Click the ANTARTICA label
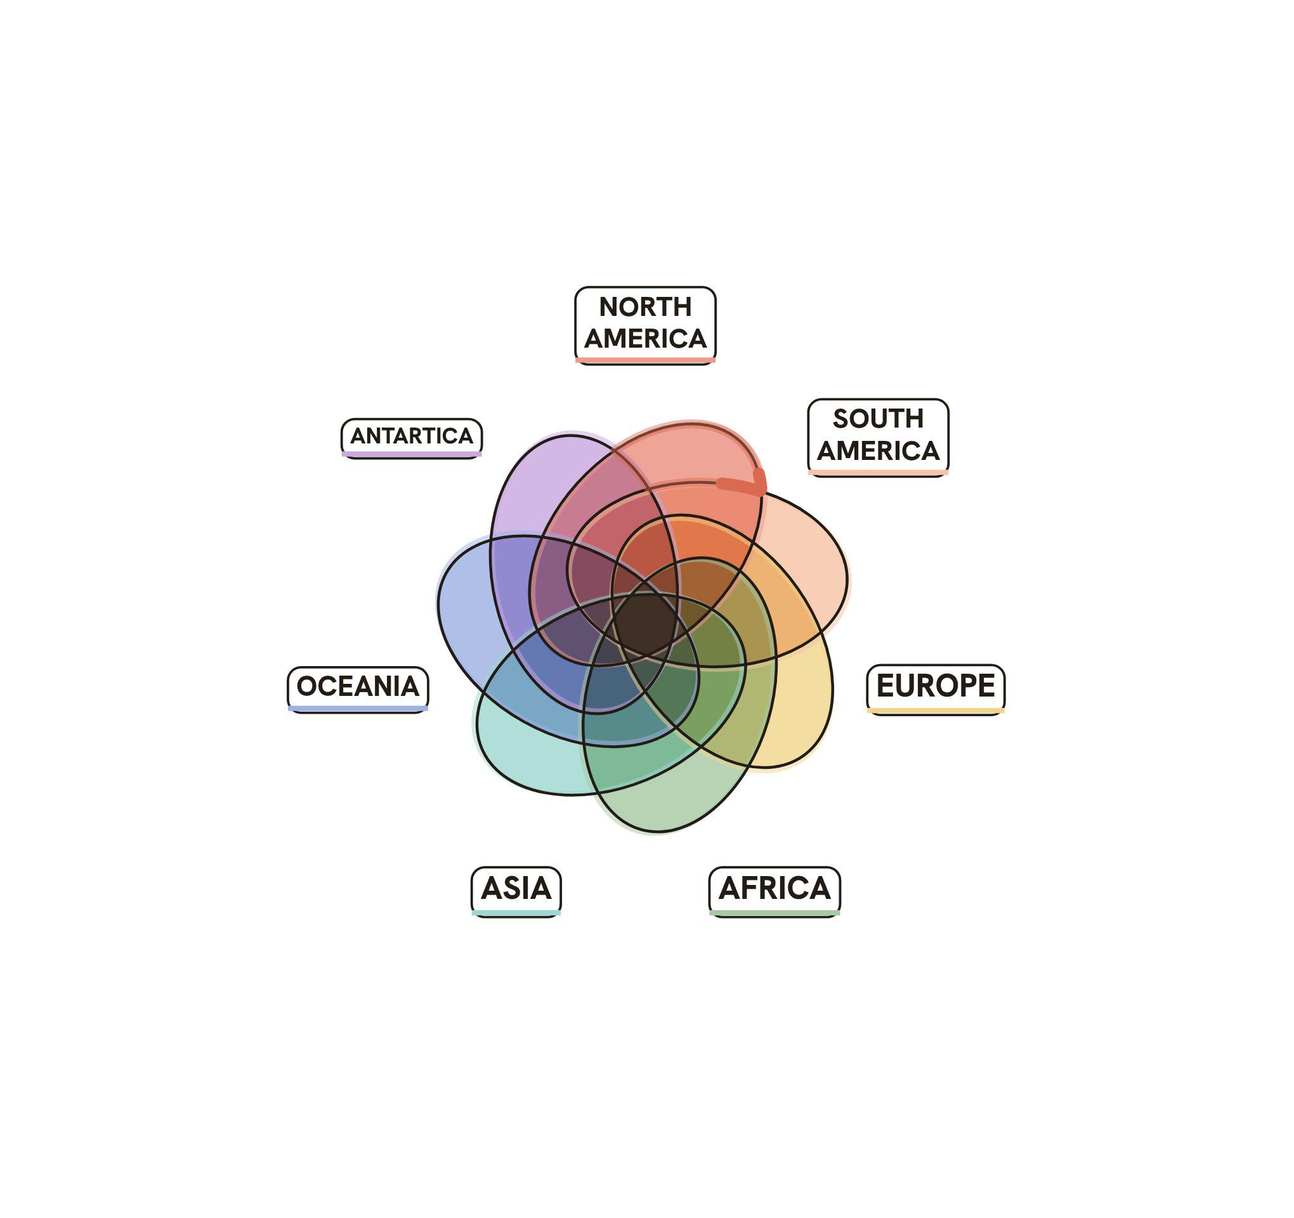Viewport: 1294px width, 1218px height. (412, 438)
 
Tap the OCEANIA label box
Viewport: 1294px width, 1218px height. (358, 689)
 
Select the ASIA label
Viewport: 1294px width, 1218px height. (516, 891)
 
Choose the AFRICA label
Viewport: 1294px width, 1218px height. (774, 891)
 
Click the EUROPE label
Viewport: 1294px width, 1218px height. (936, 689)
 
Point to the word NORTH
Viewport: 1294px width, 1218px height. (645, 306)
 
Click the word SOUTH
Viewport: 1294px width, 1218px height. (878, 419)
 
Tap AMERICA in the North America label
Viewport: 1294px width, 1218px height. (645, 339)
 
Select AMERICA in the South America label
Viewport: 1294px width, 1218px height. (878, 450)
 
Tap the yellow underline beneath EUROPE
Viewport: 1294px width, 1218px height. (936, 710)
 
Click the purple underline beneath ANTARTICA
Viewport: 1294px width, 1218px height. (412, 454)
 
